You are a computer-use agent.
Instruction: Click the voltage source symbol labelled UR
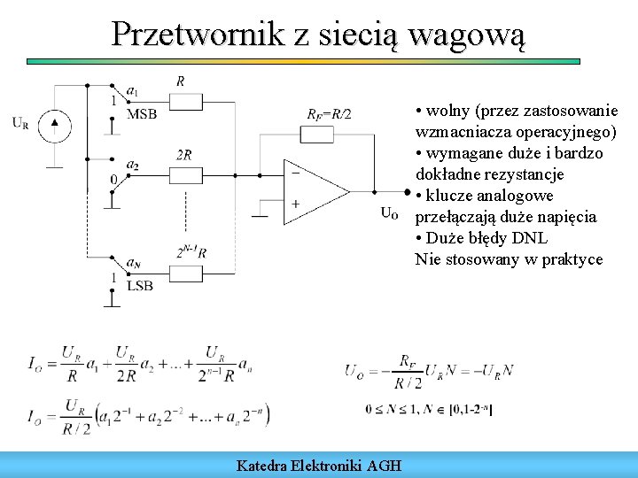[55, 123]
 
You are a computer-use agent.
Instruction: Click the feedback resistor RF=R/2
[327, 135]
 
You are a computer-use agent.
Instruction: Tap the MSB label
[142, 113]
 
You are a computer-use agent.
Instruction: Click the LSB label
[140, 284]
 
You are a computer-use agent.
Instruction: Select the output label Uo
[389, 212]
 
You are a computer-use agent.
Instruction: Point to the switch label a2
[133, 165]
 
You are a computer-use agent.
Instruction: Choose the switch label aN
[133, 263]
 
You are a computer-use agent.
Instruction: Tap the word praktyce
[572, 259]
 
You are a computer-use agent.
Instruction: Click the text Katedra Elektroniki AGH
[319, 465]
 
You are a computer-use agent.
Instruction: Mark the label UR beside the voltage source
[20, 123]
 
